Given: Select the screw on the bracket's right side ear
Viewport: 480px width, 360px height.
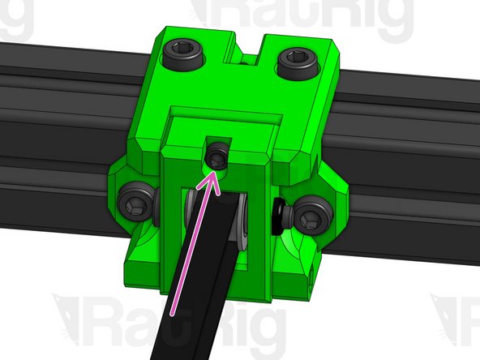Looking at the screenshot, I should pos(311,216).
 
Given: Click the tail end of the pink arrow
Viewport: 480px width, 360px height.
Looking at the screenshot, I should pos(173,312).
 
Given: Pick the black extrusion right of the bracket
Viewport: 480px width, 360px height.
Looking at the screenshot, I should pos(414,170).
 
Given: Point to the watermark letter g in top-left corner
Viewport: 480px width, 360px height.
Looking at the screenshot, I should pos(16,20).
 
